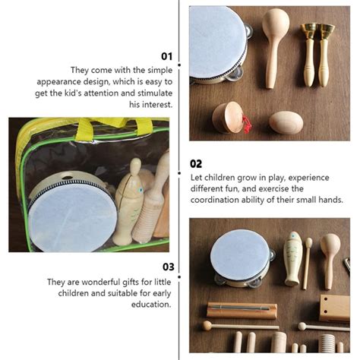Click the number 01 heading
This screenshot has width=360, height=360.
pos(167,55)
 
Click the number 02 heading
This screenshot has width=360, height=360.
pos(196,163)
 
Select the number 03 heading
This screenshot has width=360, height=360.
pos(167,267)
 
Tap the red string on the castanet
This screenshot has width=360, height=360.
pos(245,123)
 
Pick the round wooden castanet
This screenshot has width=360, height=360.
pos(227,118)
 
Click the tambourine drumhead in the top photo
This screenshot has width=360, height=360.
pos(216,42)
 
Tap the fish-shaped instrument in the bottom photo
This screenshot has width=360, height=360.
pos(293,258)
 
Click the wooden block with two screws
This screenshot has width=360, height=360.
pos(334,307)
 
